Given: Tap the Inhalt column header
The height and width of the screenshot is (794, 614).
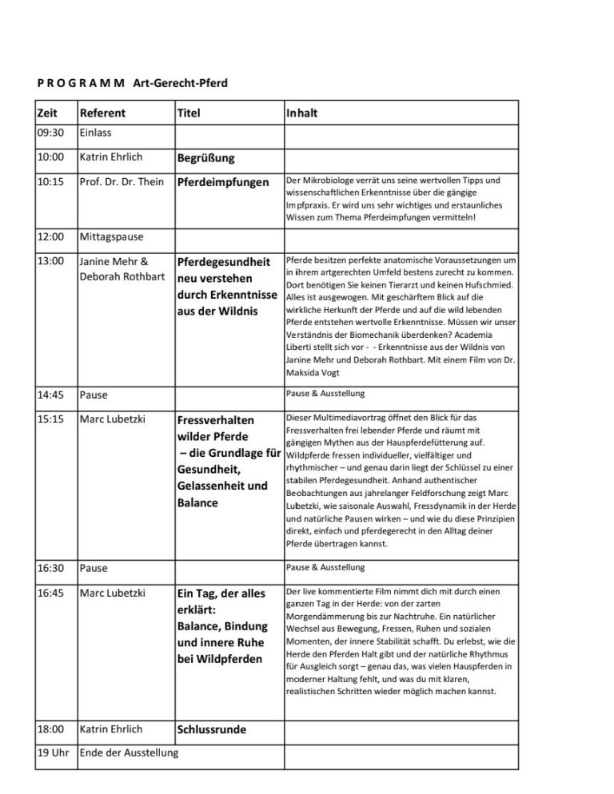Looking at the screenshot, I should [301, 113].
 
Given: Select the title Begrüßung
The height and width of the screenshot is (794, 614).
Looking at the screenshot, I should [205, 158].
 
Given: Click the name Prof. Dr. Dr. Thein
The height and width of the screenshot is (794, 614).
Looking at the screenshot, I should [122, 182].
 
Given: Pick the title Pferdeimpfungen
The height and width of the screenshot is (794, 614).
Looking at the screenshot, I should [223, 182].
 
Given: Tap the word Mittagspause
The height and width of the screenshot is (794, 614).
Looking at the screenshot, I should [111, 237].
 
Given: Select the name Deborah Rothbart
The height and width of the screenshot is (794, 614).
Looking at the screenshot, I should [122, 276].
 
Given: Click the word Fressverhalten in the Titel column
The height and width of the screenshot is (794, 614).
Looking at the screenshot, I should [215, 419].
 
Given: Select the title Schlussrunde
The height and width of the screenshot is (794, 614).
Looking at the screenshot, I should [211, 729].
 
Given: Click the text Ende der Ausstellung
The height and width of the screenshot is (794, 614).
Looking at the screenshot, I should [129, 752].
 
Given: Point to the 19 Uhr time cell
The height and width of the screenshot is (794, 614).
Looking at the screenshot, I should [55, 752].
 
